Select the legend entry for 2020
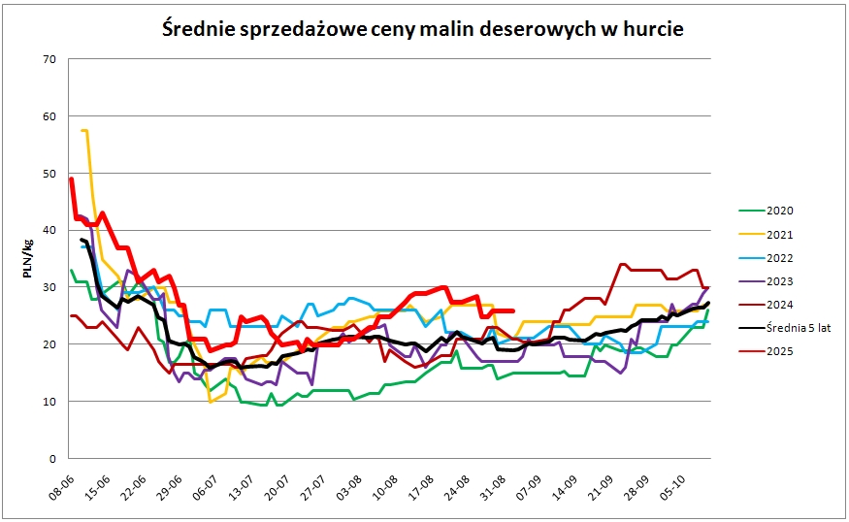pos(780,211)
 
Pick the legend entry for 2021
pos(780,234)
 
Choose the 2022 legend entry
pos(780,258)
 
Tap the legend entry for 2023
pos(780,281)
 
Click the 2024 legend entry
pos(780,305)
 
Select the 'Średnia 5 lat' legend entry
pos(798,328)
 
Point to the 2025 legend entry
pos(780,351)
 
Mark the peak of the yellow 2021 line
pos(84,130)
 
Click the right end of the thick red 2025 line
pos(512,310)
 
